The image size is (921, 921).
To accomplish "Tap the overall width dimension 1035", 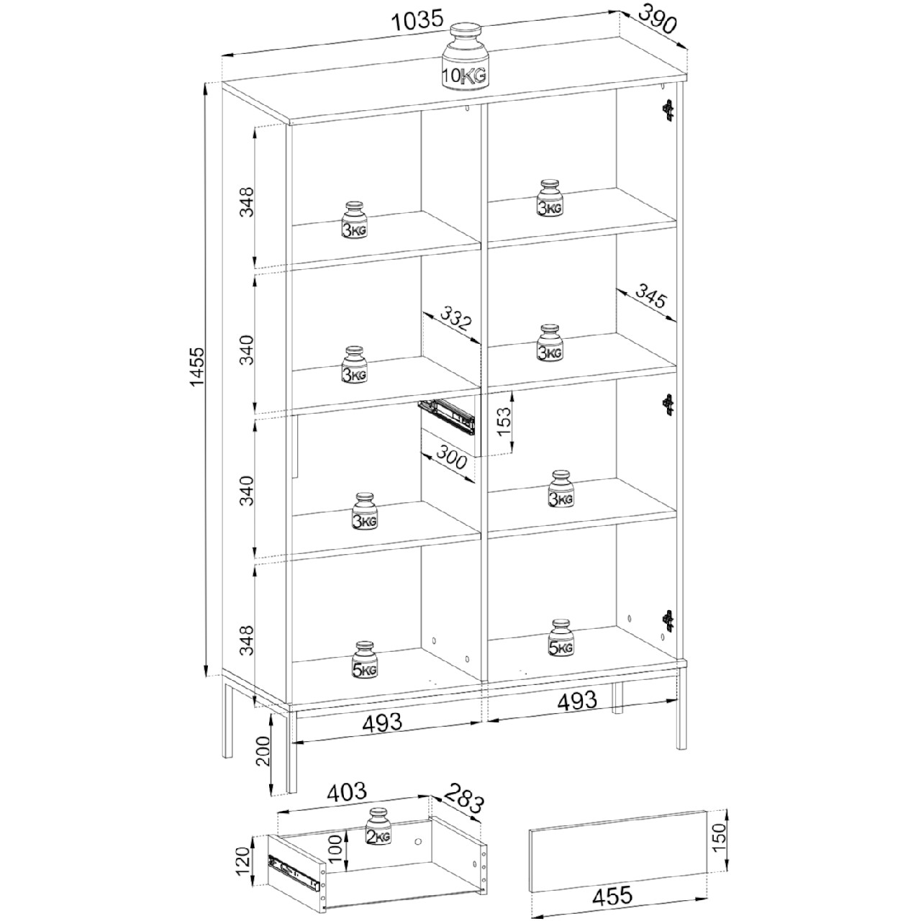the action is pyautogui.click(x=417, y=20).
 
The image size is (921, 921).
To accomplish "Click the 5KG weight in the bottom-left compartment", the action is pyautogui.click(x=365, y=660).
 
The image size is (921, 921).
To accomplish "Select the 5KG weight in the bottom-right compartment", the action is pyautogui.click(x=561, y=638).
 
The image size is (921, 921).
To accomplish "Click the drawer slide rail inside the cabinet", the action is pyautogui.click(x=446, y=416).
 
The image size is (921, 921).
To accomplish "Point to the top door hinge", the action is pyautogui.click(x=668, y=110).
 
